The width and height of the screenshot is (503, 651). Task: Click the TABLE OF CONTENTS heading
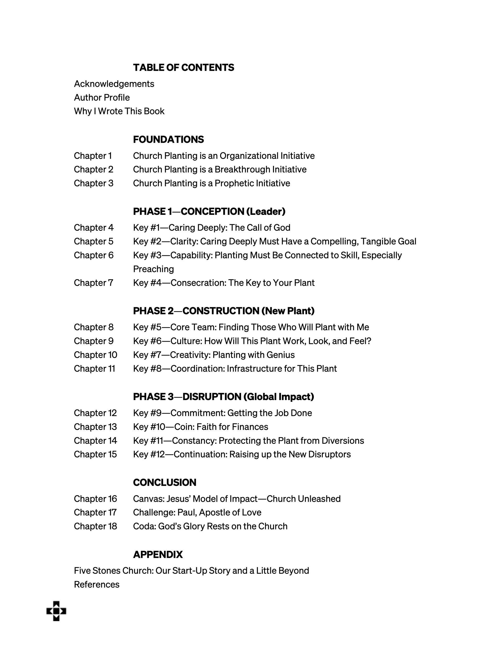pos(183,68)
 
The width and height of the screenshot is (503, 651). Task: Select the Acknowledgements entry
pos(114,84)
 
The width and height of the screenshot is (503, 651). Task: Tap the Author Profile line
pos(102,98)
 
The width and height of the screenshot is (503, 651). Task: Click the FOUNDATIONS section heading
pos(168,139)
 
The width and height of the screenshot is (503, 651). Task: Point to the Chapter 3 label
pos(94,183)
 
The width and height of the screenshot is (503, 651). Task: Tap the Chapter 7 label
pos(94,283)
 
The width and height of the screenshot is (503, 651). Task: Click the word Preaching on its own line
pos(153,269)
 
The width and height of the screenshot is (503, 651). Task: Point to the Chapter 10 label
pos(95,355)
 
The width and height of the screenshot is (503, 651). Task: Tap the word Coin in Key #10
pos(183,427)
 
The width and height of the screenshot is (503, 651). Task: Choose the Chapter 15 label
pos(95,455)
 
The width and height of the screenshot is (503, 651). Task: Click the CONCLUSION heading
pos(165,483)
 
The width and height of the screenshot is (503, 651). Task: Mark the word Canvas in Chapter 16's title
pos(147,499)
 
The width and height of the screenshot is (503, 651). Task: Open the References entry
pos(97,585)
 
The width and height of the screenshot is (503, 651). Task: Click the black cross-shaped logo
pos(56,611)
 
